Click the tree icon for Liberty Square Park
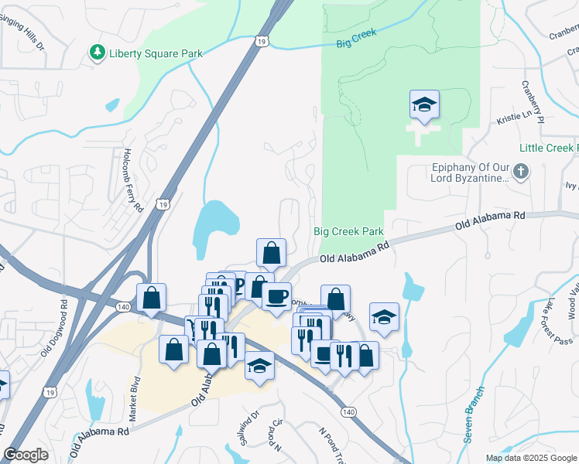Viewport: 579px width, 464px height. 97,53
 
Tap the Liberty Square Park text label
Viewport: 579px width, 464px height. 156,53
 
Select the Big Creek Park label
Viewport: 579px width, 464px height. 348,231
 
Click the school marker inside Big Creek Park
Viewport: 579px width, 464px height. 424,106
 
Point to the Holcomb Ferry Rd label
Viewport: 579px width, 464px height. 132,181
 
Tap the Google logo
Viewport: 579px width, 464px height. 26,454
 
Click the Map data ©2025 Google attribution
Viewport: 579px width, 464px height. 530,458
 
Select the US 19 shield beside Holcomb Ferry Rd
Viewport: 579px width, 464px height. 162,204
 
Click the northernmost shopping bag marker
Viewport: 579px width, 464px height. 271,252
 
